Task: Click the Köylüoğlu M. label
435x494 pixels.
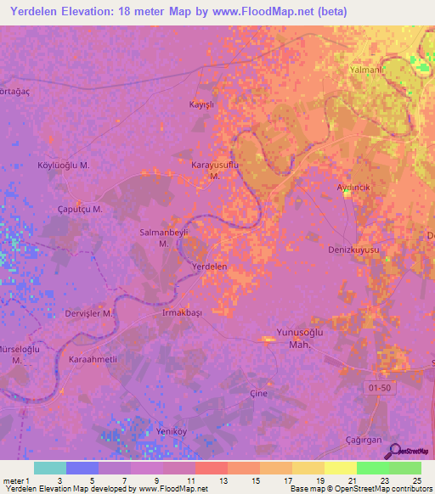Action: click(65, 165)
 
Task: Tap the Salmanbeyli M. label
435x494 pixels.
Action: click(162, 237)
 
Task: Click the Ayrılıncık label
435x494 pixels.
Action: click(357, 187)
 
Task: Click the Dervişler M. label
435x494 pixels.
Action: click(89, 313)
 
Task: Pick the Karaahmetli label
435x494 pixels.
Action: click(93, 359)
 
